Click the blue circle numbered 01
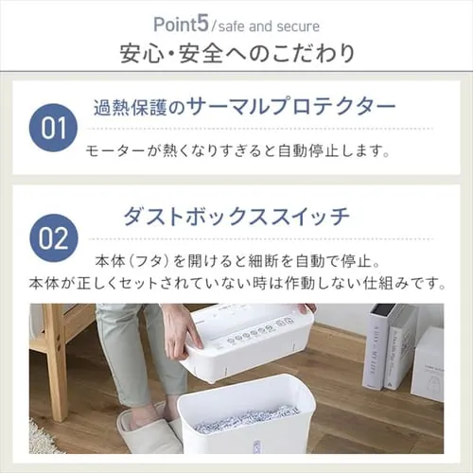[53, 128]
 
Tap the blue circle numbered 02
[53, 236]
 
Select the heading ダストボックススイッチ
[236, 216]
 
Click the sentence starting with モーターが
[236, 149]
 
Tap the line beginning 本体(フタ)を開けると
[236, 259]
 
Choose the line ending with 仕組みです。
[236, 282]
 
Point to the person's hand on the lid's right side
[306, 309]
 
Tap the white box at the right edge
[428, 364]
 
